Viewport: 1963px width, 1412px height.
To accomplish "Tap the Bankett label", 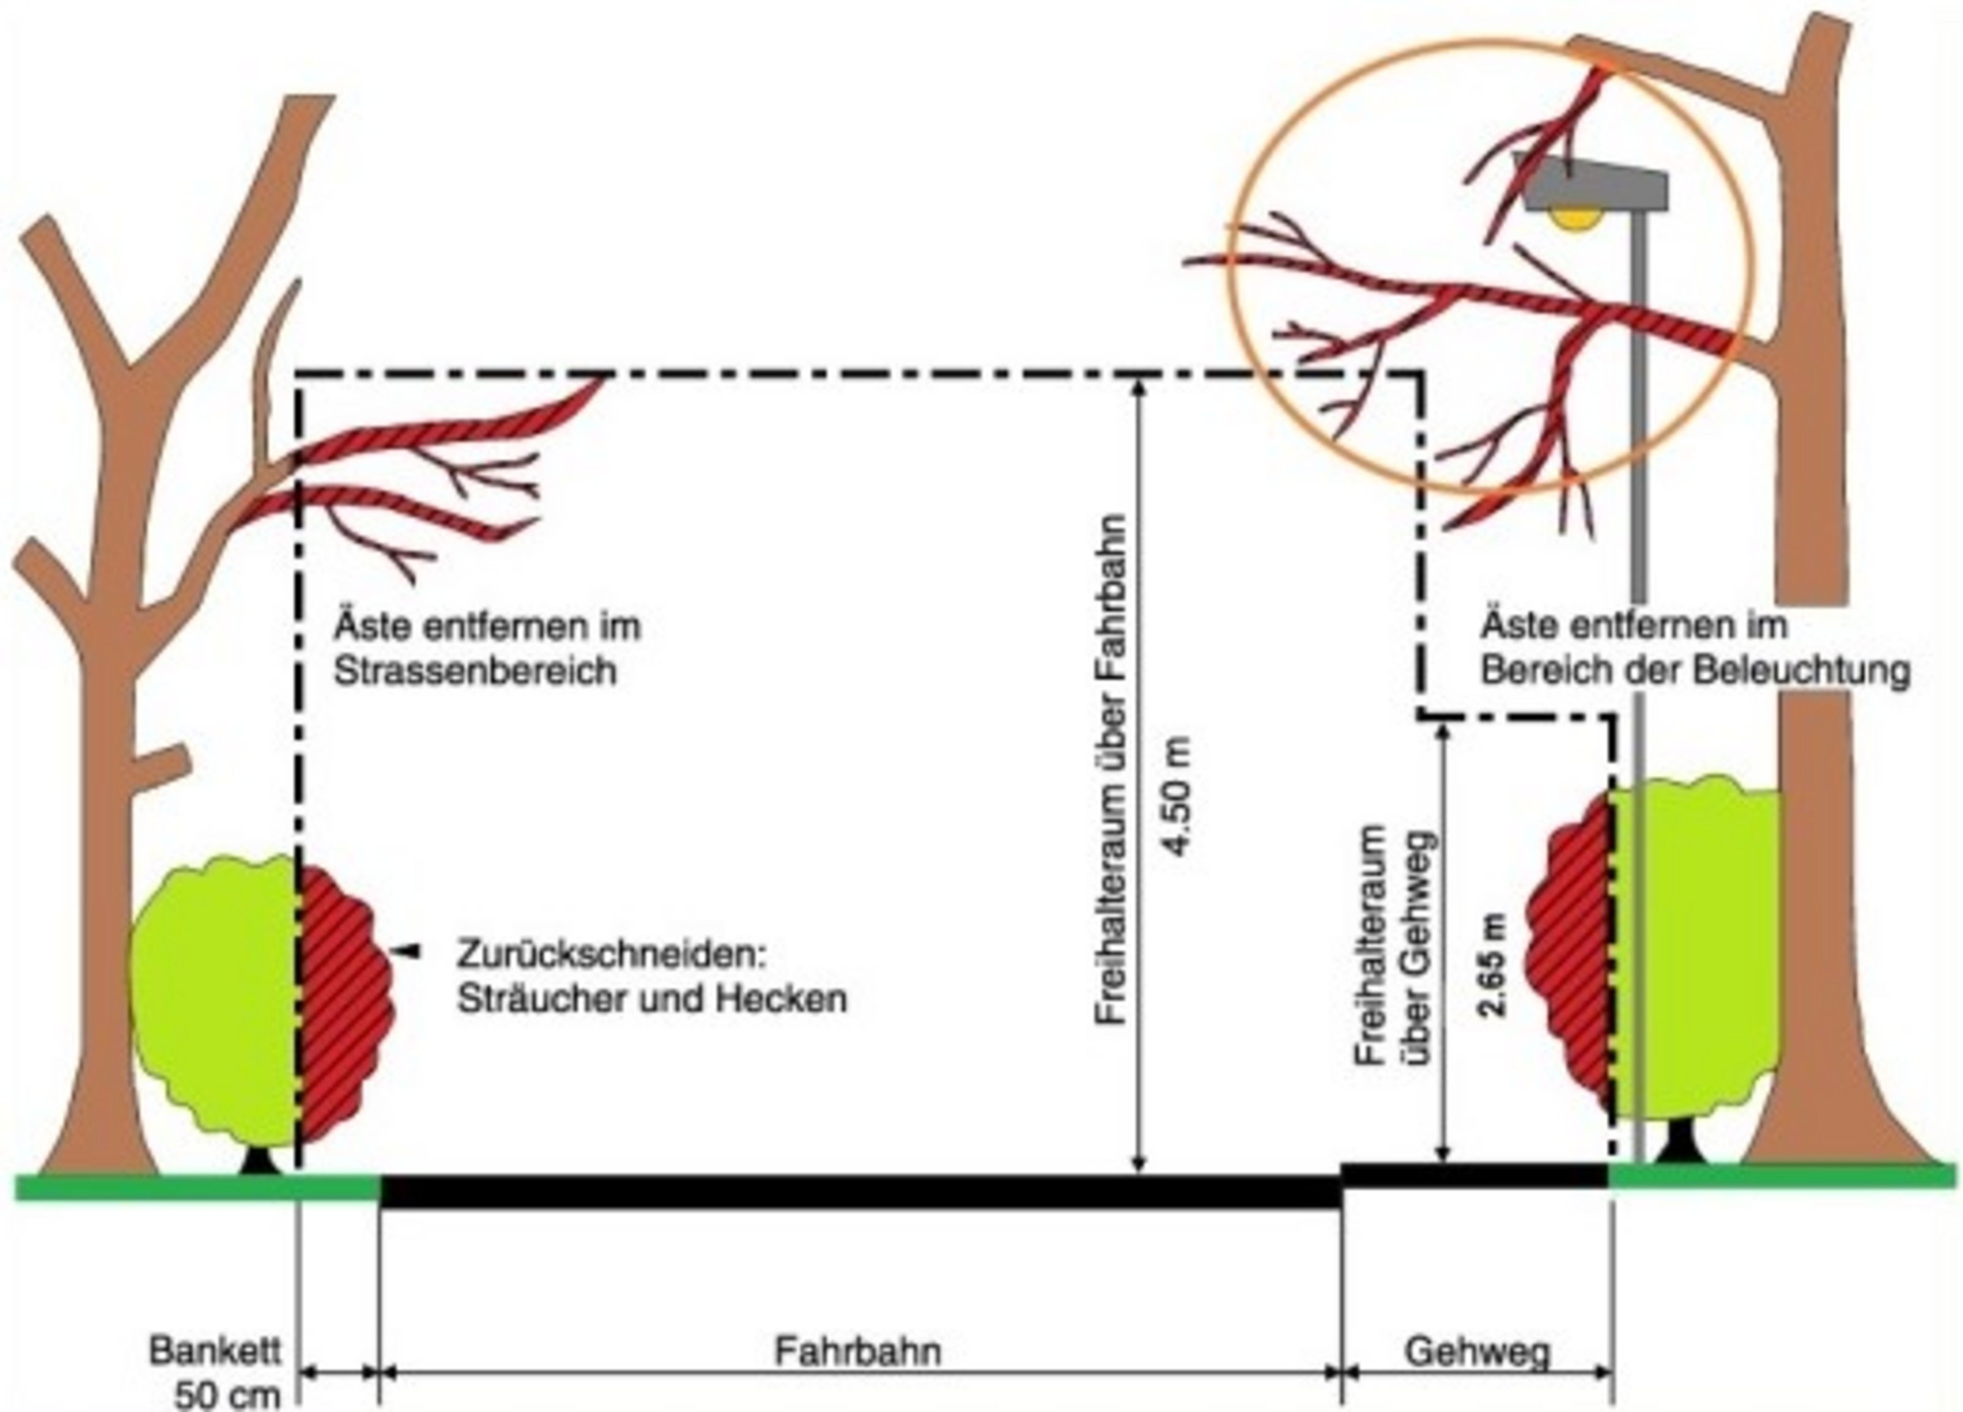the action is pyautogui.click(x=215, y=1351).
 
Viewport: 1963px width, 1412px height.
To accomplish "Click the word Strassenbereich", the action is pyautogui.click(x=475, y=671).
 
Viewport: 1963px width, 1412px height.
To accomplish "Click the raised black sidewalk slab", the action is pyautogui.click(x=1475, y=1175).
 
